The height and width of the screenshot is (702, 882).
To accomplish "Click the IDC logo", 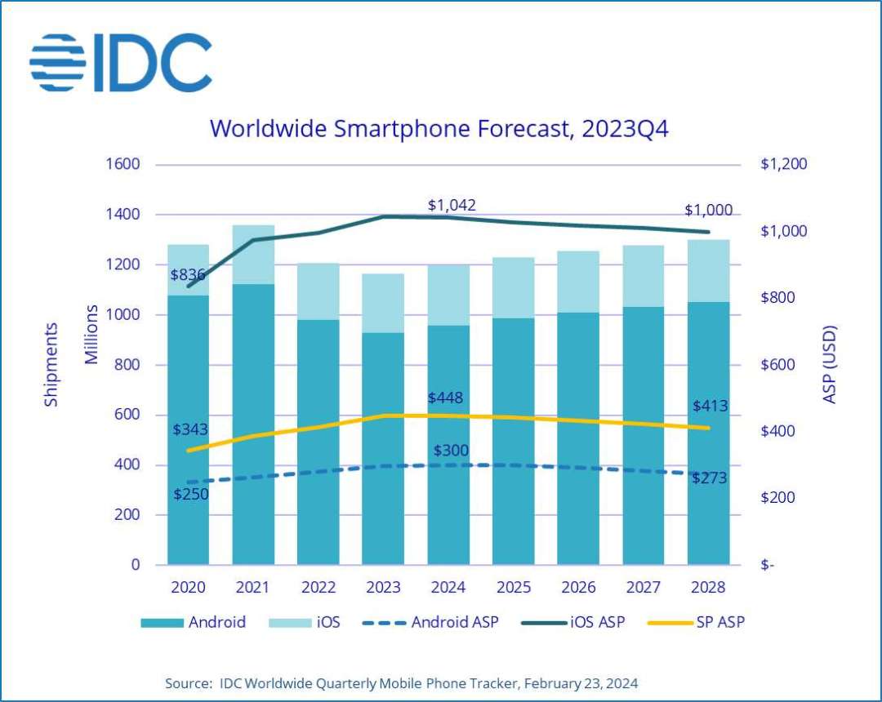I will pos(121,63).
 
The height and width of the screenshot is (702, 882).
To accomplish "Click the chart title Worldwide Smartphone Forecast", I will pos(439,129).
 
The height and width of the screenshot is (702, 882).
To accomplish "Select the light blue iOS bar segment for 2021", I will pos(253,254).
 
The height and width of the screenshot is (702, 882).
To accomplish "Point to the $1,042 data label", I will pos(452,205).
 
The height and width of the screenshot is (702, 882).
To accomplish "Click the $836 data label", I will pos(188,274).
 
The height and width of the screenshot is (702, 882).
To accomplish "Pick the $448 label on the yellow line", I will pos(445,398).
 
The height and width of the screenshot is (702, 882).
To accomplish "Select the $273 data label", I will pos(710,478).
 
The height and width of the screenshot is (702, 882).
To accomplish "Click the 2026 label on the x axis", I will pos(577,588).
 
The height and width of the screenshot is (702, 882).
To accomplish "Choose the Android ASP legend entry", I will pos(441,622).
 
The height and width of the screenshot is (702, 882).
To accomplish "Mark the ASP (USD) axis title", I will pos(830,364).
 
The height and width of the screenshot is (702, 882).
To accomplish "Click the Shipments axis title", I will pos(51,364).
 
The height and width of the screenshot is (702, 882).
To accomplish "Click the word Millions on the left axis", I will pos(92,335).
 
